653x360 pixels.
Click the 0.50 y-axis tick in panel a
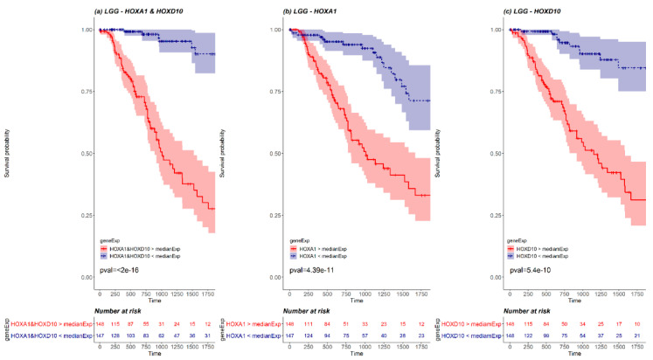pos(87,154)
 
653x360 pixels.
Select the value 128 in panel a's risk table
pos(118,336)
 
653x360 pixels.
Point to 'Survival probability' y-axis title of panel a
pos(8,154)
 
